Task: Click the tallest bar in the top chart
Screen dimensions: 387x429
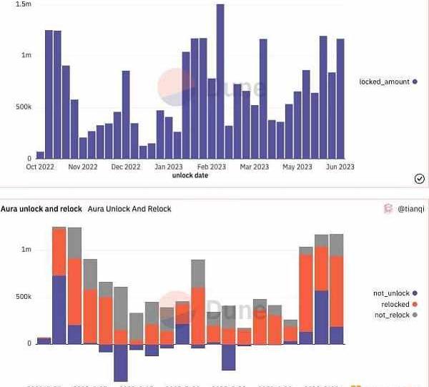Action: pyautogui.click(x=220, y=82)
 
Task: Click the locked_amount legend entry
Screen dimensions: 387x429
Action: pyautogui.click(x=384, y=82)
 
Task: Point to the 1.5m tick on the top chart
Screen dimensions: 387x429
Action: pyautogui.click(x=24, y=4)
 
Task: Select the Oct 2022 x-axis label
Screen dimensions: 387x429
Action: pyautogui.click(x=40, y=167)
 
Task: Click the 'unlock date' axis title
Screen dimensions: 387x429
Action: pyautogui.click(x=190, y=175)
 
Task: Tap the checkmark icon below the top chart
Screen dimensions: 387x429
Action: pyautogui.click(x=420, y=179)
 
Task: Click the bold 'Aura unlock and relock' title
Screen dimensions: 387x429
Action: pyautogui.click(x=41, y=209)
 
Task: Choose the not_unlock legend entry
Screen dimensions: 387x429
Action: pyautogui.click(x=391, y=293)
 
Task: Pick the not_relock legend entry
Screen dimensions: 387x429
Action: pyautogui.click(x=391, y=315)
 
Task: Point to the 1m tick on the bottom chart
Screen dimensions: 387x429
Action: pyautogui.click(x=26, y=249)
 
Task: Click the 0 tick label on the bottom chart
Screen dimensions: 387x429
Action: pyautogui.click(x=29, y=343)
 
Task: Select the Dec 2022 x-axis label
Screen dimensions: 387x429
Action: pyautogui.click(x=126, y=167)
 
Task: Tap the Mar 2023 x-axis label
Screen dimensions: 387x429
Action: pyautogui.click(x=254, y=167)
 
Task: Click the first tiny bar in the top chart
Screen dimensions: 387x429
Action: pyautogui.click(x=40, y=155)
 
